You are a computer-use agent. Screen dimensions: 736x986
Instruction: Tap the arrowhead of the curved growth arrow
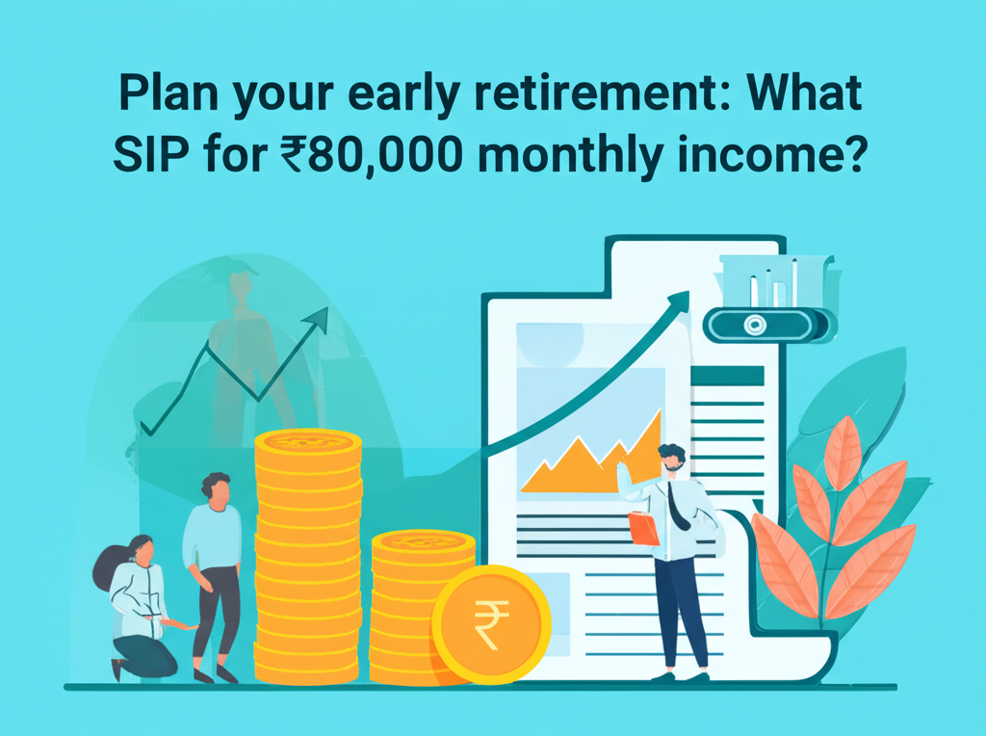pos(680,301)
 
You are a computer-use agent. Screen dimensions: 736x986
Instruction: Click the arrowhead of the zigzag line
pos(319,321)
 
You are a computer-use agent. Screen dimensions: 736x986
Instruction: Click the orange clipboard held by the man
pos(642,528)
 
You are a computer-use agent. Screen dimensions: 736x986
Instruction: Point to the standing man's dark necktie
pos(678,505)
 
